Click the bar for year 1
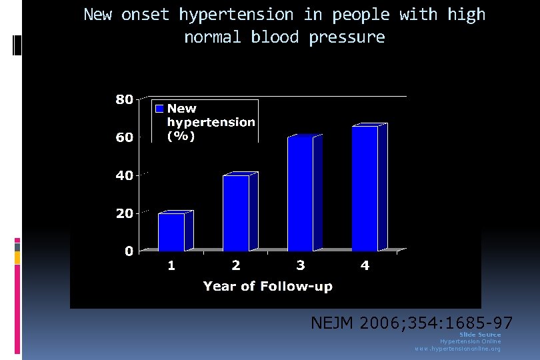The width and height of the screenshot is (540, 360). [171, 231]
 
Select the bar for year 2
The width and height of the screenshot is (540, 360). [236, 212]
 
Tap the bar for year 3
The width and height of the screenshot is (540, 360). [300, 193]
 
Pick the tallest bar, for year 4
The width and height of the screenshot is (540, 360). [365, 188]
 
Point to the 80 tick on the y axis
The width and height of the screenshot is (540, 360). [124, 99]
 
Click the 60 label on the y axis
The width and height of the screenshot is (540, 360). [124, 137]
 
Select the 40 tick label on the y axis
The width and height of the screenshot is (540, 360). [124, 175]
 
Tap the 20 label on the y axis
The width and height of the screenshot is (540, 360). [124, 213]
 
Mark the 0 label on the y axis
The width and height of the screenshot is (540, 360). [128, 251]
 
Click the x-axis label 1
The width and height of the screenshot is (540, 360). [171, 266]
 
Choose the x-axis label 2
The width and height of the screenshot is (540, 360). [236, 266]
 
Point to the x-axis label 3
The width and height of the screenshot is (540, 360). [301, 266]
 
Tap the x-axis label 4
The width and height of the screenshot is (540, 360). [365, 266]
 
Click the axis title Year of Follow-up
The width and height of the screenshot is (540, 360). [267, 286]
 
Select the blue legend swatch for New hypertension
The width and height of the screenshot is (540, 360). [159, 108]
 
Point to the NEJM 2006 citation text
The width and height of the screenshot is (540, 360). [411, 323]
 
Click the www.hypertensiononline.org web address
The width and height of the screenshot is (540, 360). [457, 349]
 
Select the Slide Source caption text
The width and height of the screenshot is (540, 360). [480, 334]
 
